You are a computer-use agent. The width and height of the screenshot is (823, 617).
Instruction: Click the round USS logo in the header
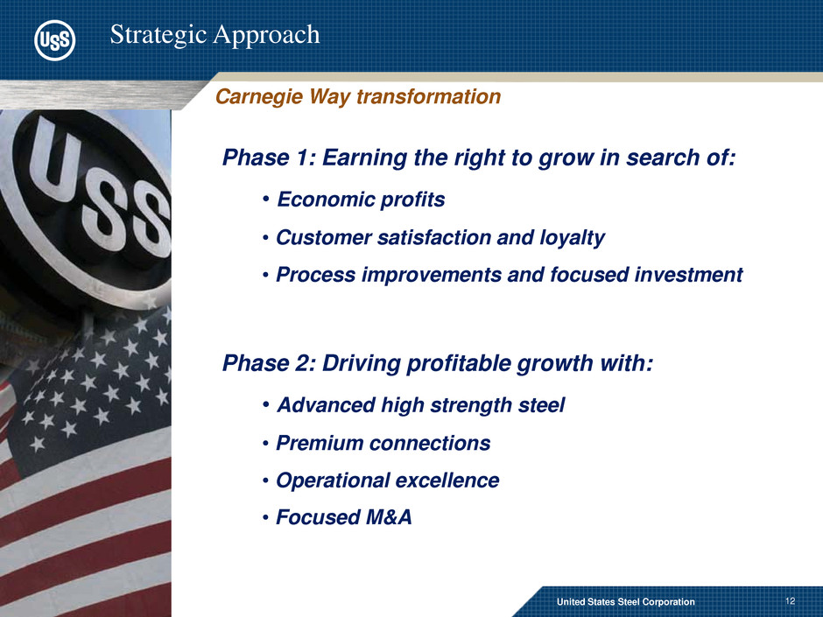point(54,40)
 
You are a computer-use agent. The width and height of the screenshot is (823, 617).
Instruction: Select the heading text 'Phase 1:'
point(268,158)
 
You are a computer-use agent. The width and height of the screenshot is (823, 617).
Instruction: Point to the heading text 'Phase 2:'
point(268,363)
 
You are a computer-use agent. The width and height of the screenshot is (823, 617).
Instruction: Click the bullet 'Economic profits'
point(361,200)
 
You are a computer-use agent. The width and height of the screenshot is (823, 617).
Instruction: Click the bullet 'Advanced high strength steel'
point(421,405)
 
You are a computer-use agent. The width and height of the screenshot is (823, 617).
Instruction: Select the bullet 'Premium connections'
point(383,444)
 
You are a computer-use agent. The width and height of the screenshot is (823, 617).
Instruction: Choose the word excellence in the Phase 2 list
point(447,480)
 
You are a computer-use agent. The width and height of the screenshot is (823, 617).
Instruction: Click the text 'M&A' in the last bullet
point(389,517)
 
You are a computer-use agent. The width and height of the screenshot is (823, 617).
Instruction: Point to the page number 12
point(790,601)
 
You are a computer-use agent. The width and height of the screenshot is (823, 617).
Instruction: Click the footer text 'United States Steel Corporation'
point(626,602)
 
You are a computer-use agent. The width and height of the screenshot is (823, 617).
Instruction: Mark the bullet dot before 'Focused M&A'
point(266,518)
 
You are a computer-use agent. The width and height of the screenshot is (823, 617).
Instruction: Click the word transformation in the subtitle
point(428,96)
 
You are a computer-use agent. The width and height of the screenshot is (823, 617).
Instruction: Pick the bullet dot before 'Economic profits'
point(266,200)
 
